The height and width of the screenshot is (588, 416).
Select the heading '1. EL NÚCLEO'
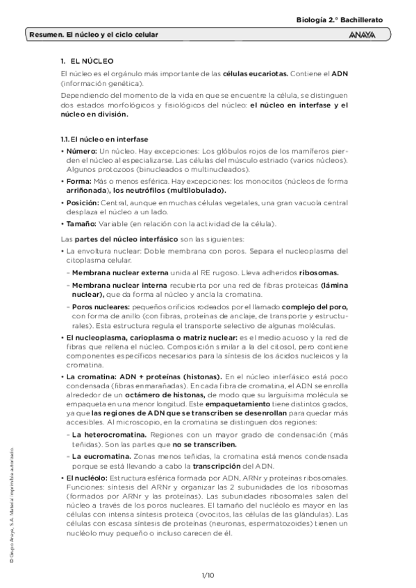coord(87,62)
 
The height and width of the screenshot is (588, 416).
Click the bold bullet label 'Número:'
coord(81,150)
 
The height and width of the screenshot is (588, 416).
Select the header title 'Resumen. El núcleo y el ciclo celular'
coord(94,34)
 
